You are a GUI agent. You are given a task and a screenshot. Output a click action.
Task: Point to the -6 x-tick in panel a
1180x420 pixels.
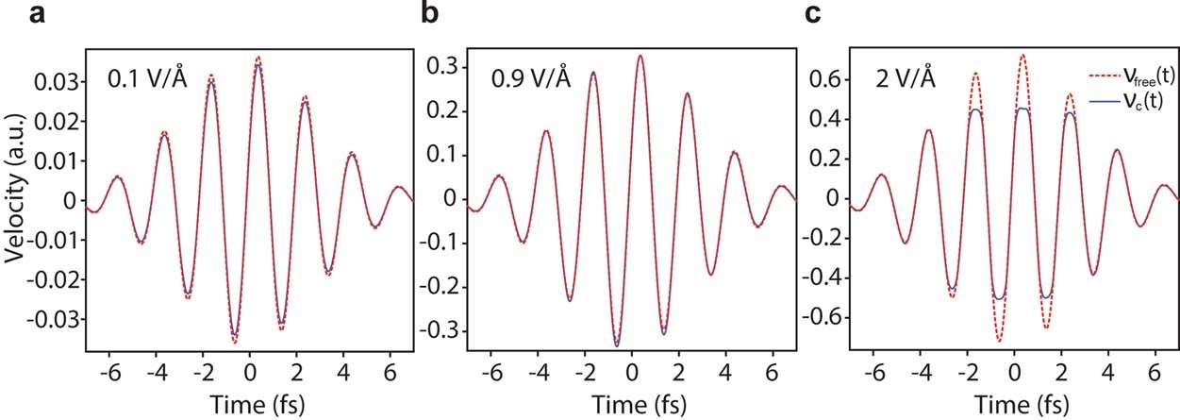pos(116,372)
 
